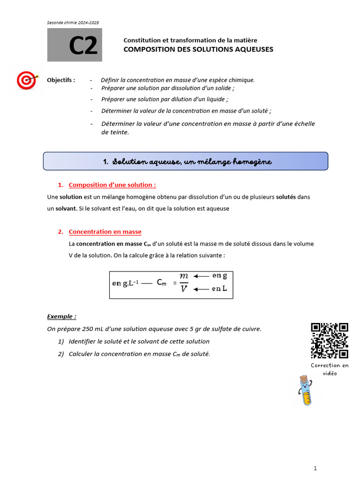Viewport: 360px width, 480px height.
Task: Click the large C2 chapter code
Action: [83, 46]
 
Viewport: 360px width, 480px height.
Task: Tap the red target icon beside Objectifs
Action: [27, 81]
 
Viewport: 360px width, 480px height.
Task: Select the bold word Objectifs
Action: [61, 80]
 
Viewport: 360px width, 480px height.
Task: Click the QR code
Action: [330, 341]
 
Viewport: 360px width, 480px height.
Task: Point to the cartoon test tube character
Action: [305, 390]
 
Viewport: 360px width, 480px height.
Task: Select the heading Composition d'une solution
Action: [112, 185]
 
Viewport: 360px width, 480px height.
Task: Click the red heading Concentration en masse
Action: [105, 232]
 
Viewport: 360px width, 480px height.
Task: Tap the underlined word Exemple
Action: [61, 317]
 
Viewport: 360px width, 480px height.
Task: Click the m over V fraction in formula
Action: [184, 283]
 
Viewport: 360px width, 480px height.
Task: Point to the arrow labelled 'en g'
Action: [201, 276]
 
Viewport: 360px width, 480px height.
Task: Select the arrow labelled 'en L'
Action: [201, 289]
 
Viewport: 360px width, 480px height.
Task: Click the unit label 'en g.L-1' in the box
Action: [125, 283]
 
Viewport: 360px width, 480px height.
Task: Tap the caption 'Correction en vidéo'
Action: [330, 369]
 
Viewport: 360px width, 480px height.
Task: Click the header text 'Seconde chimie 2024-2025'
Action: [73, 22]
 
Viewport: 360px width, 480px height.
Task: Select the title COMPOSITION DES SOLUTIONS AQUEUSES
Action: [198, 49]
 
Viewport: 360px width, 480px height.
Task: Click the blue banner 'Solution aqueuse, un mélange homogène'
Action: [186, 161]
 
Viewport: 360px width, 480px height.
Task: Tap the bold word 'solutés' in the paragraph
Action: [285, 197]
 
